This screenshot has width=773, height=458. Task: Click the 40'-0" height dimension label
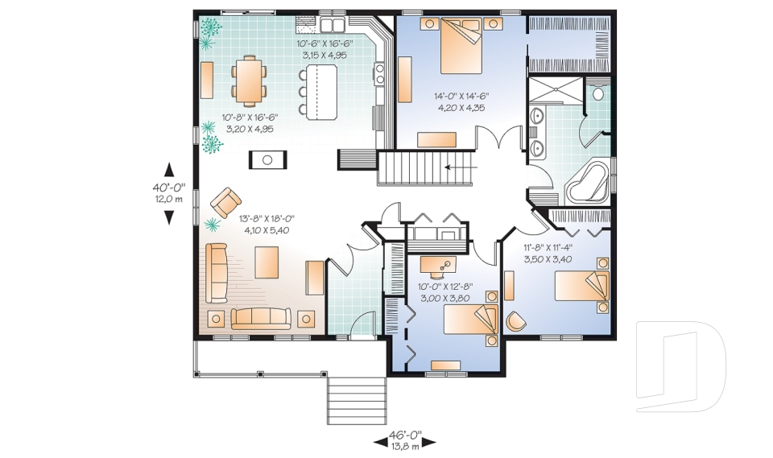pyautogui.click(x=168, y=188)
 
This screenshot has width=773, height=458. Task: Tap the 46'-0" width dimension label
pyautogui.click(x=405, y=435)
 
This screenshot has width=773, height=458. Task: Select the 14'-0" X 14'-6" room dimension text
pyautogui.click(x=461, y=97)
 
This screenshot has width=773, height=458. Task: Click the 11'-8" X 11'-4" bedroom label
pyautogui.click(x=548, y=248)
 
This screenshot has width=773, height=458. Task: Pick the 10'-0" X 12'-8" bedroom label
pyautogui.click(x=445, y=287)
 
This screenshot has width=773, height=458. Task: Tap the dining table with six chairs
pyautogui.click(x=250, y=80)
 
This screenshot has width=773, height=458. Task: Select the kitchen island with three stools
pyautogui.click(x=319, y=93)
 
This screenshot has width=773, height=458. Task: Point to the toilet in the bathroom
pyautogui.click(x=598, y=93)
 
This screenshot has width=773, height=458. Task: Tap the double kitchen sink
pyautogui.click(x=333, y=23)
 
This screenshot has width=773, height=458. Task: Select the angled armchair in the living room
pyautogui.click(x=225, y=202)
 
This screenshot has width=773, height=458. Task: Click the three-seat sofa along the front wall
pyautogui.click(x=261, y=319)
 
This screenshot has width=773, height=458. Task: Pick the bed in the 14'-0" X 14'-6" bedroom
pyautogui.click(x=461, y=46)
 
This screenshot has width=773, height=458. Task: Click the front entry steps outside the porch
pyautogui.click(x=357, y=400)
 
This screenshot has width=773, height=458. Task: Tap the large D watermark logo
pyautogui.click(x=681, y=365)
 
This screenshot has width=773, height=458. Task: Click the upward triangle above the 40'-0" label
pyautogui.click(x=169, y=169)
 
